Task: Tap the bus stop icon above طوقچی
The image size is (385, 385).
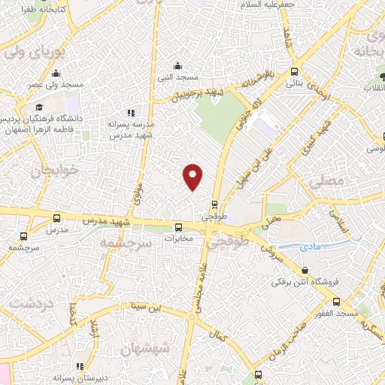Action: pyautogui.click(x=215, y=204)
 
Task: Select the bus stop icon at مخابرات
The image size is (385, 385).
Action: pyautogui.click(x=179, y=227)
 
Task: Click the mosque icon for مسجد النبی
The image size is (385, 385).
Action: pyautogui.click(x=177, y=65)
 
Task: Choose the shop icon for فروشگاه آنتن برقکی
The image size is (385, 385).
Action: pyautogui.click(x=305, y=271)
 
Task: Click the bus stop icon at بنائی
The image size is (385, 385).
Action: pyautogui.click(x=293, y=72)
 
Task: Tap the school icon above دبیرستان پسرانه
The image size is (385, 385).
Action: pyautogui.click(x=80, y=366)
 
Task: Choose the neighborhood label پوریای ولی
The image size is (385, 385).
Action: pyautogui.click(x=26, y=54)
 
